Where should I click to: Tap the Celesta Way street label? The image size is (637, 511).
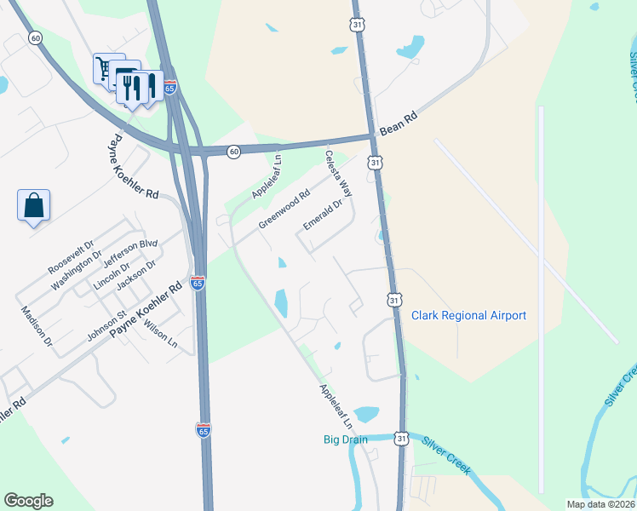[x=338, y=173]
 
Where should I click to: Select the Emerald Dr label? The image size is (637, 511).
[x=324, y=215]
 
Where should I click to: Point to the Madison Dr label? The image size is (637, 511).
[x=37, y=326]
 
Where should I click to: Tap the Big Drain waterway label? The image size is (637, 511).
[x=345, y=439]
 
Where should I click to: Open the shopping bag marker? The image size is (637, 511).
[x=33, y=205]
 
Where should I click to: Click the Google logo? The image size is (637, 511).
[x=28, y=501]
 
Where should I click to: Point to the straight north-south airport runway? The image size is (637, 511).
[x=541, y=298]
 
